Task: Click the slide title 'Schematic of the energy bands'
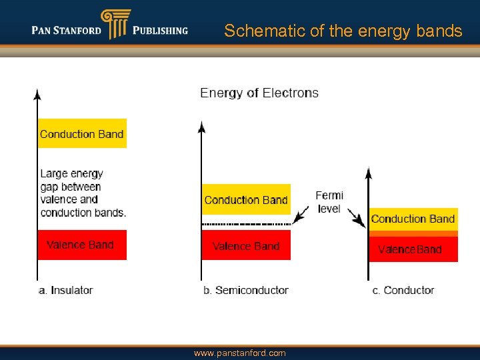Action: coord(343,31)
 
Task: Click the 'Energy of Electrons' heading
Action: coord(259,93)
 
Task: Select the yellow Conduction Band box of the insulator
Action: coord(82,133)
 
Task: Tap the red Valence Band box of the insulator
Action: coord(81,245)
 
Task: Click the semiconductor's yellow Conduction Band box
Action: coord(246,199)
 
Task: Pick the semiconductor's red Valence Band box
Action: coord(246,245)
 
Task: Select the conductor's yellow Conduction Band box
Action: coord(413,219)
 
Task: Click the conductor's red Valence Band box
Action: coord(413,249)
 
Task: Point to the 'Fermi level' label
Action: coord(329,202)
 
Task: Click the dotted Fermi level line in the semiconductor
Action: coord(246,224)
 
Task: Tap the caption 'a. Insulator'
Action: coord(65,290)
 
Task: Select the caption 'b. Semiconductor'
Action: coord(246,290)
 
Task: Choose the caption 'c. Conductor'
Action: coord(403,290)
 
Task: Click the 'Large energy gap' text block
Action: coord(83,193)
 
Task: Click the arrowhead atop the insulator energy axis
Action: coord(37,94)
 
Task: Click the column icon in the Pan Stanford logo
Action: coord(115,24)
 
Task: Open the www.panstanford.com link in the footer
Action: coord(239,353)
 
